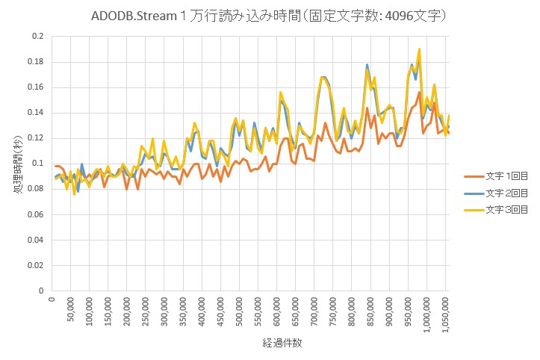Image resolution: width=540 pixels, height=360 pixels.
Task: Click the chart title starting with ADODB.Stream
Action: tap(269, 16)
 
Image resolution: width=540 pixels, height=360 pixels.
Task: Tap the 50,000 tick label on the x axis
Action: tap(70, 310)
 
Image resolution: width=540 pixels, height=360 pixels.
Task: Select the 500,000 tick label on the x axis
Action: tap(240, 311)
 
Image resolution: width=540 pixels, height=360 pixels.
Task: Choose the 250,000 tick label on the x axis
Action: tap(146, 311)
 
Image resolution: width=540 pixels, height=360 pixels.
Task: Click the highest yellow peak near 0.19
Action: tap(420, 49)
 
